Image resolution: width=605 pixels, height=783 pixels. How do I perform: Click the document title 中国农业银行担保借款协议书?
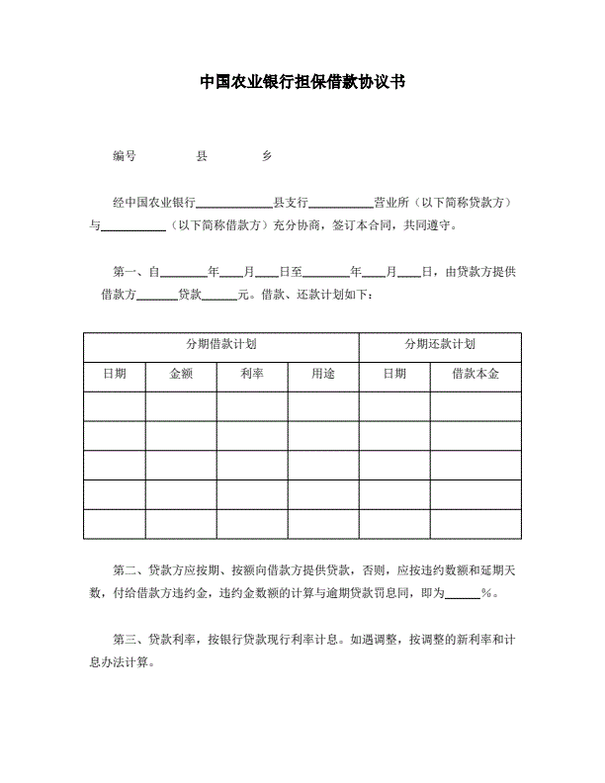pos(302,83)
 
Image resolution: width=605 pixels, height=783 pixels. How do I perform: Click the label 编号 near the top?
pos(125,156)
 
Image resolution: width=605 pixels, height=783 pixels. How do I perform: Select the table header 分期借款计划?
pos(221,345)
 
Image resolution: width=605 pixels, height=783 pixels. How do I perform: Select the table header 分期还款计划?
pos(440,345)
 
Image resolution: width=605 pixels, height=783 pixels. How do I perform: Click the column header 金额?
pos(181,375)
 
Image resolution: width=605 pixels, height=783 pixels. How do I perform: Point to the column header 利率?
pos(252,375)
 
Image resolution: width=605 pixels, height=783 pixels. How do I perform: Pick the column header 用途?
pos(323,375)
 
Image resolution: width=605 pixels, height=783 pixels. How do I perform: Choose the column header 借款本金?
pos(475,375)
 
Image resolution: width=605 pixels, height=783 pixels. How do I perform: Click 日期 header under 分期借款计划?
pos(115,375)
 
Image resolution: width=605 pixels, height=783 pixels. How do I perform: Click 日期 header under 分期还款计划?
pos(393,375)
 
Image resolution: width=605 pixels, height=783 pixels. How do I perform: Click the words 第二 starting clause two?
pos(125,569)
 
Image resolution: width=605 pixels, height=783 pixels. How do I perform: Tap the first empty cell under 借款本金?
pos(475,406)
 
